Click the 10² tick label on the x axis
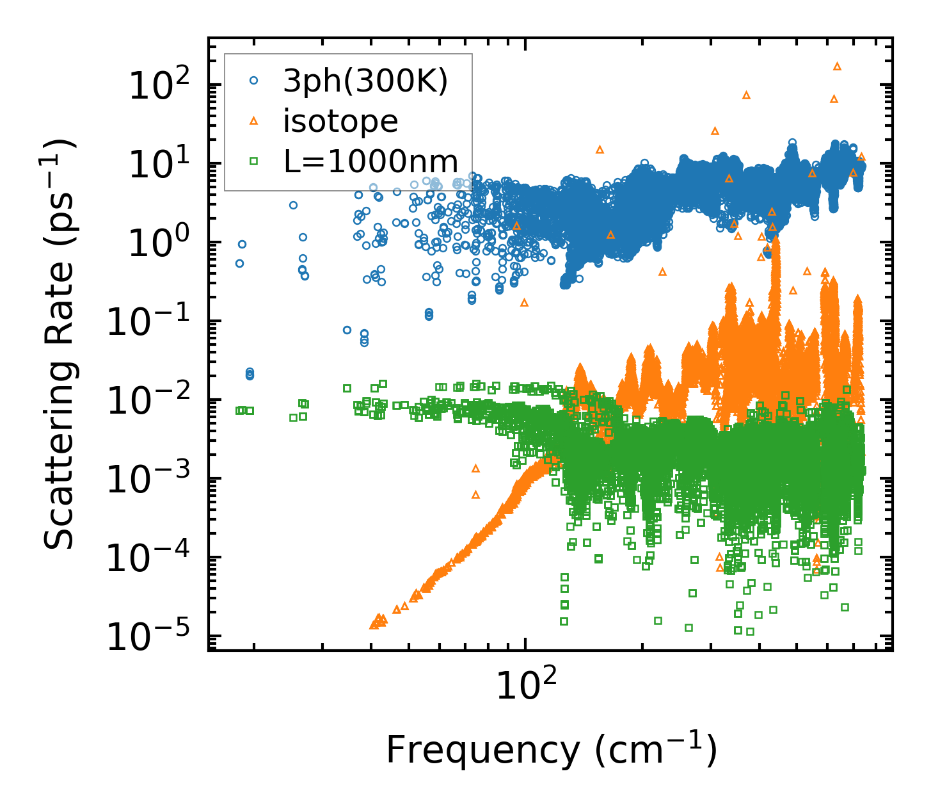[x=525, y=687]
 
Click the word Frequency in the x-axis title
[x=484, y=750]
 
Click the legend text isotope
[x=340, y=122]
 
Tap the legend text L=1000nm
[x=371, y=161]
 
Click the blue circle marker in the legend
[x=254, y=81]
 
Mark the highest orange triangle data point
[x=837, y=67]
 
